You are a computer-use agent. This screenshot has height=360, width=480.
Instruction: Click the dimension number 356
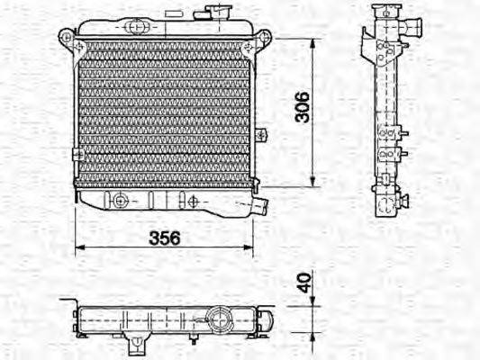[165, 238]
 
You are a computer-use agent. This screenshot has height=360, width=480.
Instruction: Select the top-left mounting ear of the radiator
[67, 37]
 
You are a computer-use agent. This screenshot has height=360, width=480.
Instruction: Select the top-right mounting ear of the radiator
[262, 37]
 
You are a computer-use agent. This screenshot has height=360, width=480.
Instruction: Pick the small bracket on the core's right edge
[259, 135]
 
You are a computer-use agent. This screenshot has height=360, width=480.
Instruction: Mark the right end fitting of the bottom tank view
[267, 317]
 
